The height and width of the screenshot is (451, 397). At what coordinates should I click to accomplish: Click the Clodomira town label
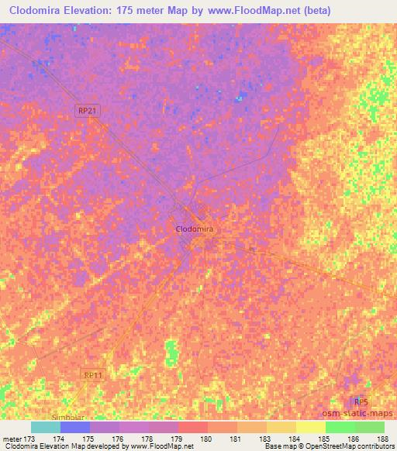pos(195,229)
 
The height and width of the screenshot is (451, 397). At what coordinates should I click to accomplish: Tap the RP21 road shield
pos(88,112)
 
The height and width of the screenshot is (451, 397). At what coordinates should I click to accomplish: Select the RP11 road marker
pos(94,374)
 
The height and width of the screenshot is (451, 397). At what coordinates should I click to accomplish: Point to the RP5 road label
pos(360,401)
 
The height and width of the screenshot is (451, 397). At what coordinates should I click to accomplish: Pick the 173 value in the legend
pos(29,439)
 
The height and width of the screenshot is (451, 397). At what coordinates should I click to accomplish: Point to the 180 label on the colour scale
pos(205,439)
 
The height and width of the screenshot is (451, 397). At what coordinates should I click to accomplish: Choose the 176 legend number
pos(117,439)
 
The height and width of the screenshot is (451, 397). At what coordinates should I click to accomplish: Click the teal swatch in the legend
pos(46,427)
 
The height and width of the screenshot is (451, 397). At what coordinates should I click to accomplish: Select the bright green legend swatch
pos(340,427)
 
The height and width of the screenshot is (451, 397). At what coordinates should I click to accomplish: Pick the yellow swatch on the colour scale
pos(310,427)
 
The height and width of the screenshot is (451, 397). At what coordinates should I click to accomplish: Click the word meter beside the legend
pos(10,439)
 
